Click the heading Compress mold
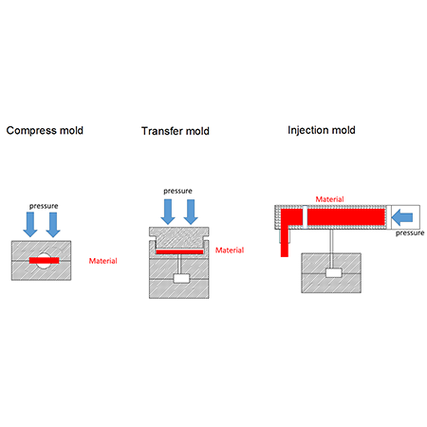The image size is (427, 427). coord(45,131)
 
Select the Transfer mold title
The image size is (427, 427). coord(176,131)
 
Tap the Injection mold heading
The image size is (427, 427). coord(322,130)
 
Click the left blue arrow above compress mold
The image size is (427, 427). coord(30,224)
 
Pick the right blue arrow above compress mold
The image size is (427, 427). coord(53,224)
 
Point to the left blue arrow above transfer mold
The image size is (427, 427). coord(168,212)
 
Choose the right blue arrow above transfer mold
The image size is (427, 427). coord(191,212)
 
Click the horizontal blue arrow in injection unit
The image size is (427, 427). coord(402,217)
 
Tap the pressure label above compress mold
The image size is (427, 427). coord(44,206)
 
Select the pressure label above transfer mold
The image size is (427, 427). coord(177,191)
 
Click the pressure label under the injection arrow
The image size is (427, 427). coord(410,233)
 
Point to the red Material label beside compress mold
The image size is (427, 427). coord(102,261)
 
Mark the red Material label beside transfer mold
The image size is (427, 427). coord(230,251)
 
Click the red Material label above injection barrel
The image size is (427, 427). coord(329,199)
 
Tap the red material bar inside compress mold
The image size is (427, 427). coord(44,260)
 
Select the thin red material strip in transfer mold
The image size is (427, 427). coord(179,252)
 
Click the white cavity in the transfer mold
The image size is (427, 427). coord(181,279)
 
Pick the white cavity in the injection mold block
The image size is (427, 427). coord(334,272)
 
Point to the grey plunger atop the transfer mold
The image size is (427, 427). coord(179,237)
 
